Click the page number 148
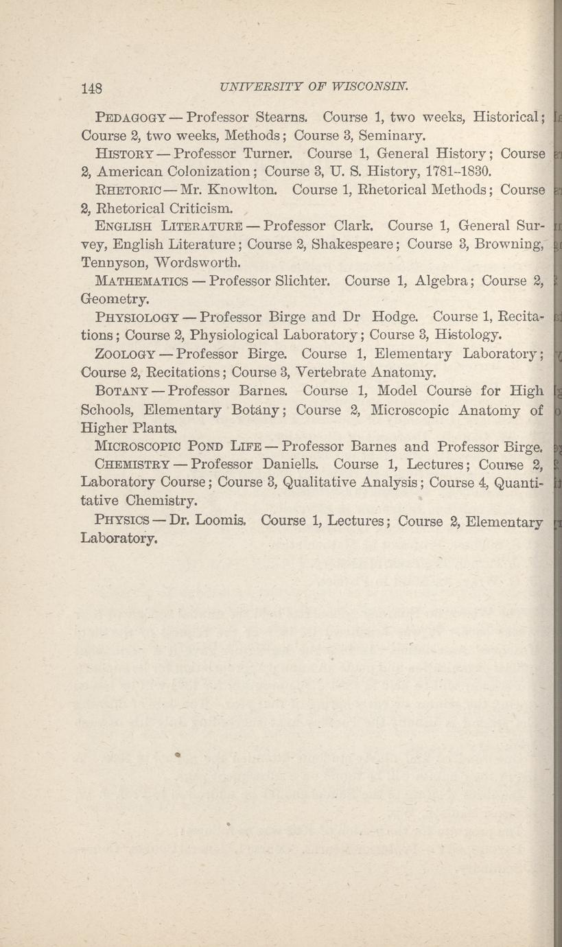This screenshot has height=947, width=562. pyautogui.click(x=91, y=88)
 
